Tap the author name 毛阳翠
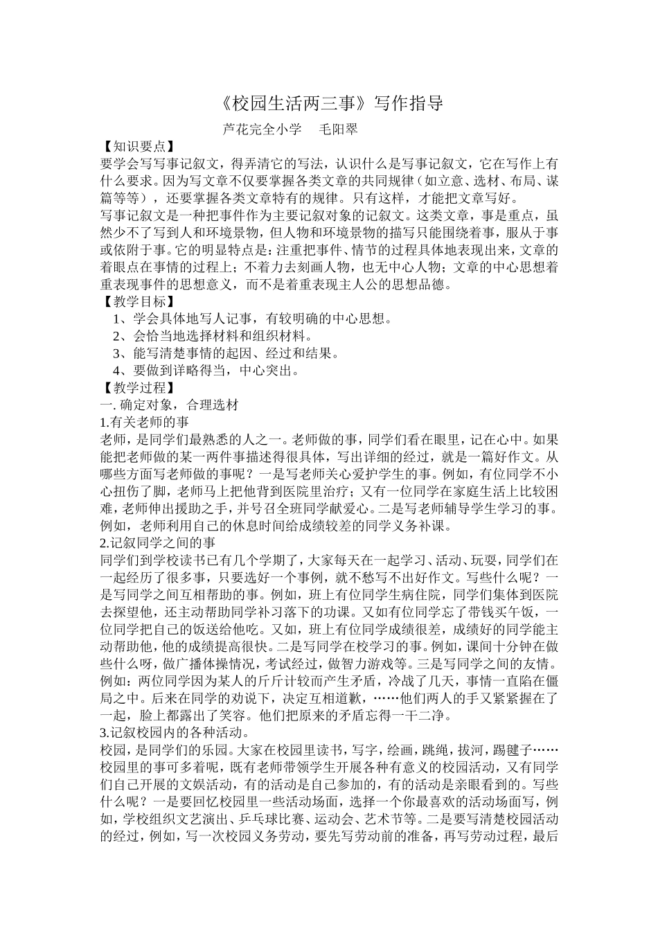click(x=337, y=129)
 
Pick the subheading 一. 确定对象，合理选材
click(x=170, y=405)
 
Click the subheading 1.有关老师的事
click(x=145, y=422)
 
